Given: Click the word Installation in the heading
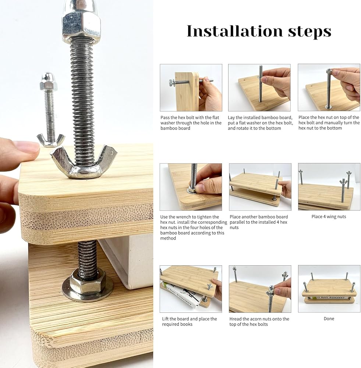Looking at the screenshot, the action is tap(235, 31).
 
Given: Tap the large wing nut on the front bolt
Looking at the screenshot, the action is tap(83, 162).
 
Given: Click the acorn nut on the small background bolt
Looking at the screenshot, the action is tap(49, 81).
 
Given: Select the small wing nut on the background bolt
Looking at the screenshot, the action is tap(50, 140).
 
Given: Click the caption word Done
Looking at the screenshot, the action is tap(329, 319).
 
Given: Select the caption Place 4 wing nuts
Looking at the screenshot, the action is tap(329, 217).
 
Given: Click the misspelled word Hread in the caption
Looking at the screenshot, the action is tap(236, 319).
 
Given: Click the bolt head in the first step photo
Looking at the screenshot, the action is tap(171, 82).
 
